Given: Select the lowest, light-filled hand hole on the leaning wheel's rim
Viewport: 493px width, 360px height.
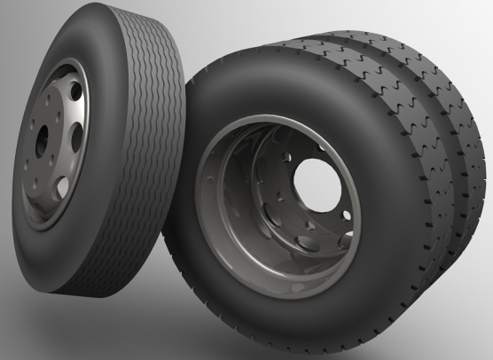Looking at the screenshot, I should pyautogui.click(x=62, y=186).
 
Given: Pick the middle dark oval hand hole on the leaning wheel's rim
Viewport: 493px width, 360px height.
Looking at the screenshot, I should pyautogui.click(x=74, y=135).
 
